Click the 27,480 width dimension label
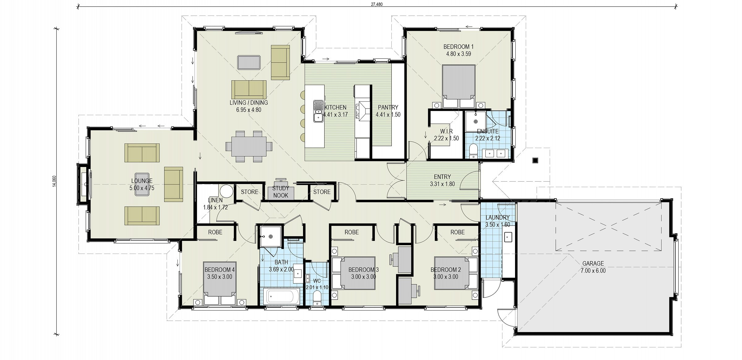click(376, 4)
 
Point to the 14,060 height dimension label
click(54, 181)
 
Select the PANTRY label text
click(388, 108)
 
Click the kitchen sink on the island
click(318, 111)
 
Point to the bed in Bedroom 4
click(220, 283)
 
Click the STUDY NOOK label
click(280, 192)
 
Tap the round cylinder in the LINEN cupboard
click(226, 191)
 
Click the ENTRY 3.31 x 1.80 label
click(442, 180)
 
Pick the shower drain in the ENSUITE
click(475, 122)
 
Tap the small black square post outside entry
click(535, 160)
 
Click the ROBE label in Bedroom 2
click(457, 232)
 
